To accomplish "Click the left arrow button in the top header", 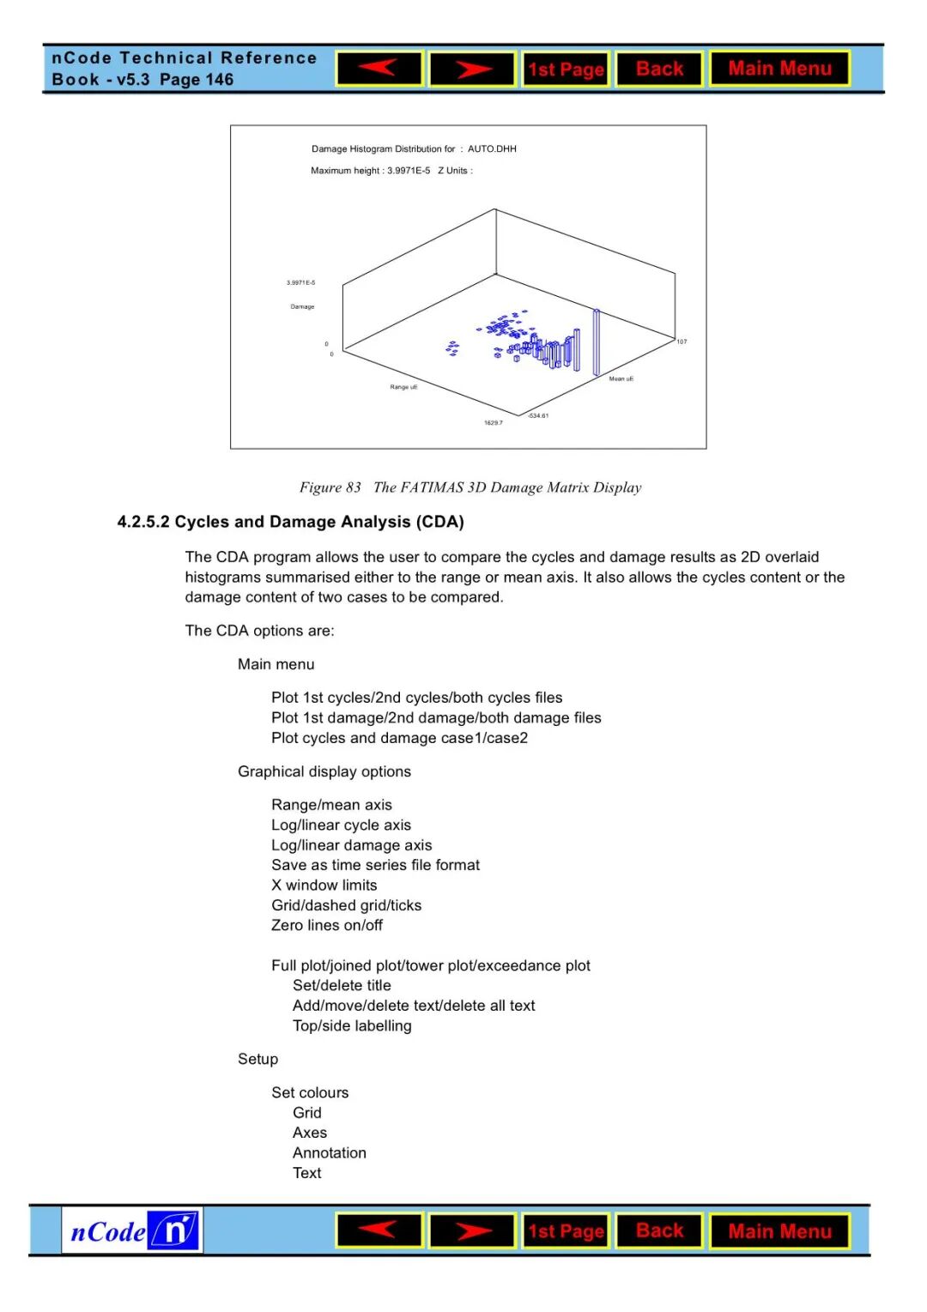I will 379,69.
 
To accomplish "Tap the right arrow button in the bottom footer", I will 472,1231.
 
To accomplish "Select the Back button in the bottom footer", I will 659,1231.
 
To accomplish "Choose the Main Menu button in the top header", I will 779,69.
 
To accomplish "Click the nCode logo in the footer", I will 132,1231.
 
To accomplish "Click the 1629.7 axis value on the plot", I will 494,423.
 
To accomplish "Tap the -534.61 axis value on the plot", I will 538,416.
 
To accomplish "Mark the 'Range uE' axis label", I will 403,388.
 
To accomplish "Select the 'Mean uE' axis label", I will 621,379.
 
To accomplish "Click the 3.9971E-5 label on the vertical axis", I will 300,282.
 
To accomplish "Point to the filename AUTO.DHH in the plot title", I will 492,149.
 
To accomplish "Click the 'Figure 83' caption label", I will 330,487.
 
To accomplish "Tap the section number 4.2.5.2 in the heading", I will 143,522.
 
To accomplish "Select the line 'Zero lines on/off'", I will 327,925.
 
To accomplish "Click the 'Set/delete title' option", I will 342,985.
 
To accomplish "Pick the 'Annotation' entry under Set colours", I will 330,1152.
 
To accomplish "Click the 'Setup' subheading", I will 258,1059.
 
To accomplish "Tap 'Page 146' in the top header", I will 197,80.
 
